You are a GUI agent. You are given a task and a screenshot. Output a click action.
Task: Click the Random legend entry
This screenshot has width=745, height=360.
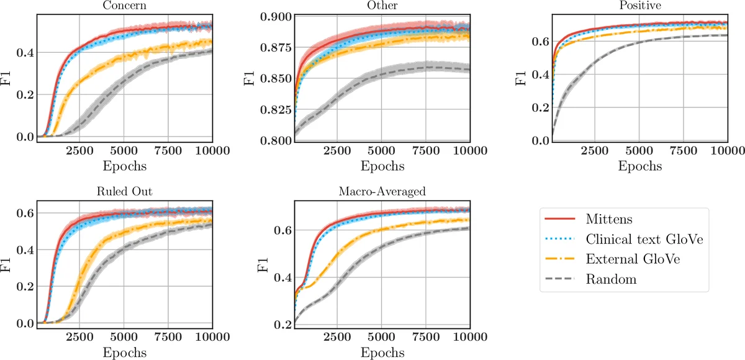[611, 279]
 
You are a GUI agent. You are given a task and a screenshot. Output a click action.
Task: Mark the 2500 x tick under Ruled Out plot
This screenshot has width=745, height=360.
[79, 337]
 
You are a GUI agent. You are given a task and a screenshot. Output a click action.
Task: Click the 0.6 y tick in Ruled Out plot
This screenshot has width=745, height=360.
[24, 213]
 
